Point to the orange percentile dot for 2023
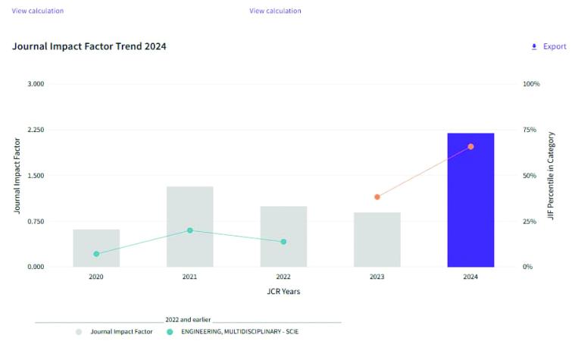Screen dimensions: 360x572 click(x=377, y=197)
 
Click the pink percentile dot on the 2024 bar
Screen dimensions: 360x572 click(x=470, y=146)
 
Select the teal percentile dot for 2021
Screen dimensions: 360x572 click(x=189, y=230)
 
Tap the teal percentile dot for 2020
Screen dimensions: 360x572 click(x=96, y=254)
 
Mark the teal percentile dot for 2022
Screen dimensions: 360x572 click(x=283, y=242)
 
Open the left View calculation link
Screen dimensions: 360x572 click(x=38, y=11)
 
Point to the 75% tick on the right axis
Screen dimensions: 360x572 click(x=531, y=130)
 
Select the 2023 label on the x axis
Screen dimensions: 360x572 click(x=377, y=277)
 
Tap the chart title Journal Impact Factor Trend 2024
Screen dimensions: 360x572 click(x=89, y=47)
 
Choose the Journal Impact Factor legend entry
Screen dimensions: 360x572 click(x=120, y=332)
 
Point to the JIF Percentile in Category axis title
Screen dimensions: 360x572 click(x=552, y=174)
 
